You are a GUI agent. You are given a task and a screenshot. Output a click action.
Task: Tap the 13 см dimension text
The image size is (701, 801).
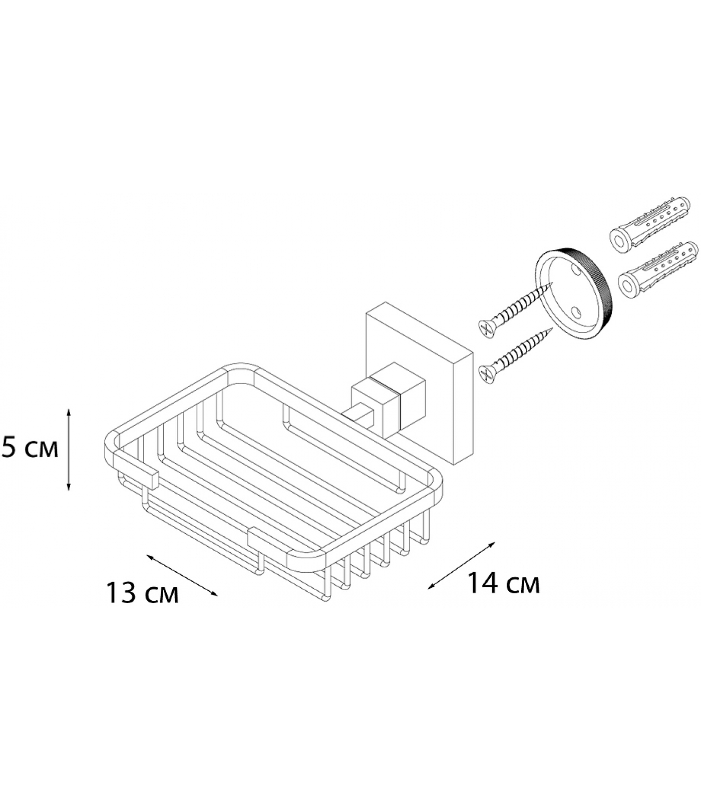[x=142, y=594]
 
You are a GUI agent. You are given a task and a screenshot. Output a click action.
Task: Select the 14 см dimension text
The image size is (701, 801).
[x=503, y=584]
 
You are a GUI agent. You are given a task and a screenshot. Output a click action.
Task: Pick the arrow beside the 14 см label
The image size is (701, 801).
[x=462, y=565]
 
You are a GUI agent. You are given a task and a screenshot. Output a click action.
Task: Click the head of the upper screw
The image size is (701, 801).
[x=485, y=327]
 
